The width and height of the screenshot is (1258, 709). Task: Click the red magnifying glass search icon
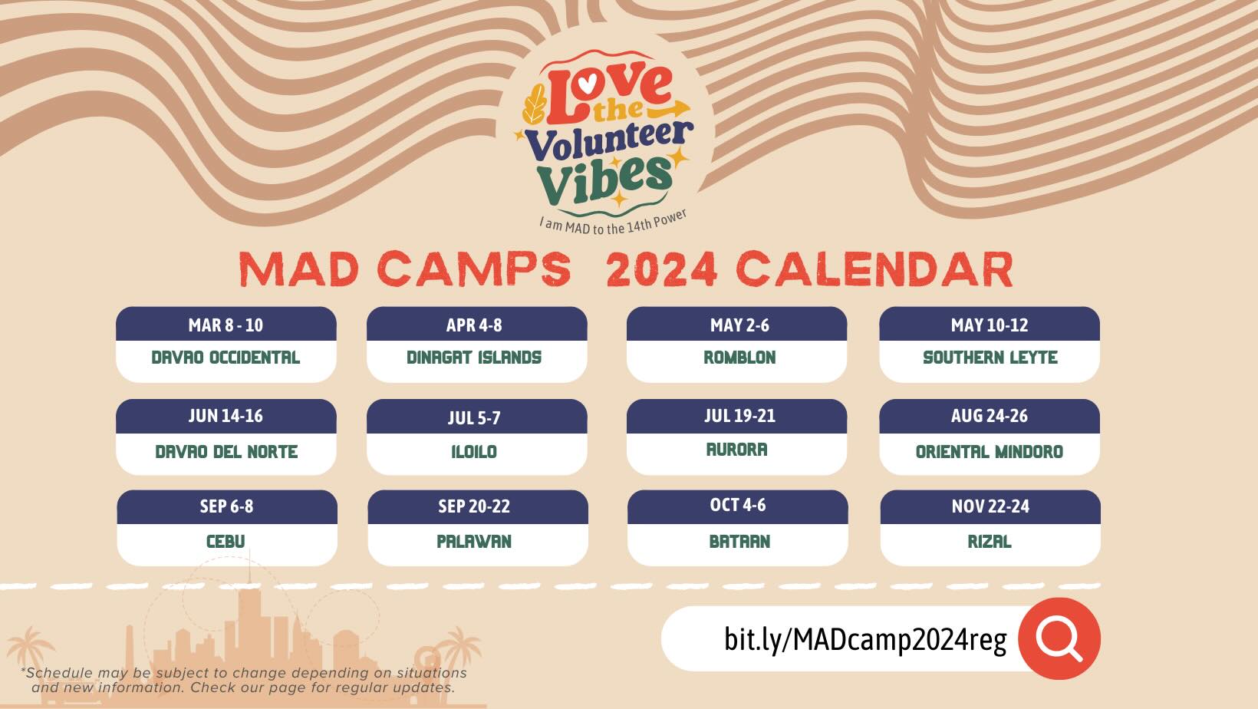tap(1059, 638)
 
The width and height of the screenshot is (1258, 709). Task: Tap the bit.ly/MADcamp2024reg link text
tap(865, 639)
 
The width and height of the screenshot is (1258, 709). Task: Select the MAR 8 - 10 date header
tap(226, 325)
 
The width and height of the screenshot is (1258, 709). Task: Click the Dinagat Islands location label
tap(474, 358)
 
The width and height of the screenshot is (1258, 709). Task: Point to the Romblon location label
tap(739, 358)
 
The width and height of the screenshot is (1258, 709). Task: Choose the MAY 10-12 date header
tap(990, 325)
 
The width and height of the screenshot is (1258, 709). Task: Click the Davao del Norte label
tap(226, 452)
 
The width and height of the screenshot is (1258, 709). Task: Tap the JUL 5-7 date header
tap(474, 418)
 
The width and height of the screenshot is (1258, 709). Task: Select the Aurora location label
tap(737, 450)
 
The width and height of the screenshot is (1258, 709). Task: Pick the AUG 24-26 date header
tap(990, 416)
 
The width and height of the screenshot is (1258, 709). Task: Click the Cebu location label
tap(226, 542)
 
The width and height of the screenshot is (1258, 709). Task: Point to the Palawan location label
tap(474, 542)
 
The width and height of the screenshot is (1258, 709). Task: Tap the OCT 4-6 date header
tap(738, 505)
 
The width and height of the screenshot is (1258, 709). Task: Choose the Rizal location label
tap(990, 542)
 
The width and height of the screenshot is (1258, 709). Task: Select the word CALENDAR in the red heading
tap(875, 269)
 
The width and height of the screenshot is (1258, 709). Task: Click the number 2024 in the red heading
tap(662, 269)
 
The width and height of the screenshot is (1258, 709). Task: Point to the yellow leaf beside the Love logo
tap(534, 104)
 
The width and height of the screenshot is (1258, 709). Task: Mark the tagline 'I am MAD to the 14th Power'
tap(613, 223)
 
